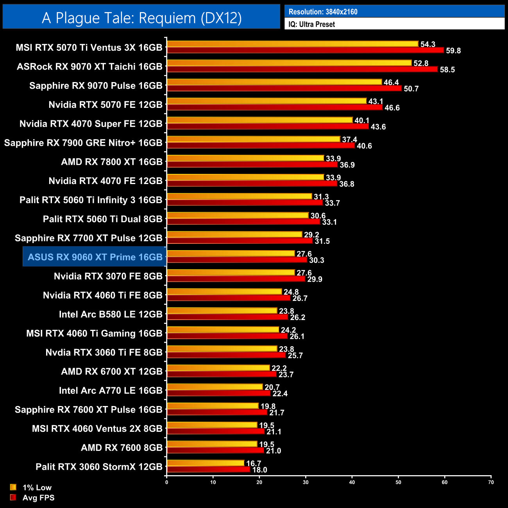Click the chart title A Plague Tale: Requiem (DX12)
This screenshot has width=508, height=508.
(141, 18)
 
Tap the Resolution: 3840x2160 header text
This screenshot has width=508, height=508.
(323, 12)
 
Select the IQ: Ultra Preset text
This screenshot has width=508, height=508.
(311, 24)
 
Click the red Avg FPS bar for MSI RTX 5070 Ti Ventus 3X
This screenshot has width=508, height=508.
(305, 50)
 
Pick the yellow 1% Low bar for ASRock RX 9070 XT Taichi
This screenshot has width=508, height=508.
(289, 63)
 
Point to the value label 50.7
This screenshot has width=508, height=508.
(411, 89)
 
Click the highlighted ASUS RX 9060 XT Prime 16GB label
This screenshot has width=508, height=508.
(95, 257)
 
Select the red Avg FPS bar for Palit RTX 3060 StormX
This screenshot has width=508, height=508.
(208, 470)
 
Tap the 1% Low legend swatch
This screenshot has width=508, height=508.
(13, 487)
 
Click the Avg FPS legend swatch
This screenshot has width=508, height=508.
(13, 497)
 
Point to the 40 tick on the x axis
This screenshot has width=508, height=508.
(352, 482)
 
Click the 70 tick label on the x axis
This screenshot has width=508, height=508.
(491, 482)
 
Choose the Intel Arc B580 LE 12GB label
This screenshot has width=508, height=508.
(111, 314)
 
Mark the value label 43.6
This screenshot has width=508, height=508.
(378, 127)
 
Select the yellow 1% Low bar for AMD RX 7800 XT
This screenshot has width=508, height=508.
(245, 158)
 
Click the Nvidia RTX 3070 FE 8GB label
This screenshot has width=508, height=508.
(108, 276)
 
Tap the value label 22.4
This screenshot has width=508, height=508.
(280, 394)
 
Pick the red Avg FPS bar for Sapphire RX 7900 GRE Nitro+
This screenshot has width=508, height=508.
(261, 146)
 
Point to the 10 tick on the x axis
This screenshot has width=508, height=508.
(213, 482)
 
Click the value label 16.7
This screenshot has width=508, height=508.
(254, 463)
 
